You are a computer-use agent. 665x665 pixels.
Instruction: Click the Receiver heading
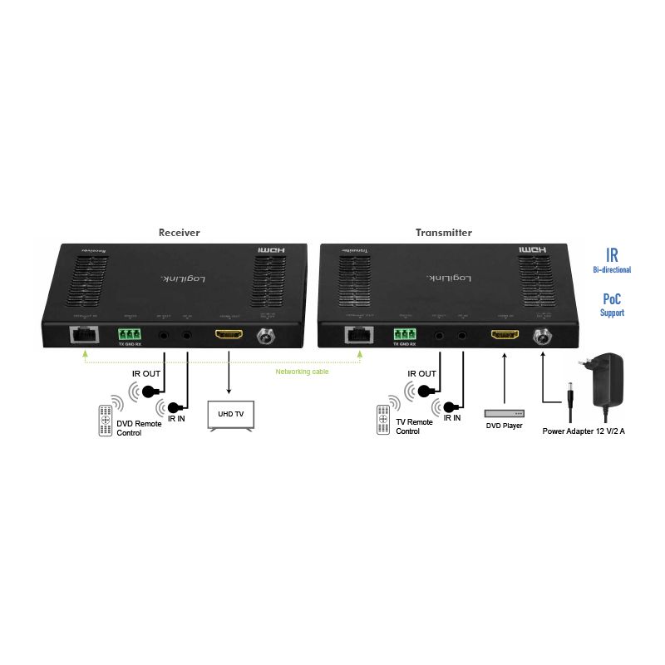point(180,233)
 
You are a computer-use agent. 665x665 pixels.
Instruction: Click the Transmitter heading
point(444,233)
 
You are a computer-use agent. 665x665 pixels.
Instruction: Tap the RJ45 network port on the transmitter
point(359,334)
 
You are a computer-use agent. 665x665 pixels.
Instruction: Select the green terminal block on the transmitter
point(406,334)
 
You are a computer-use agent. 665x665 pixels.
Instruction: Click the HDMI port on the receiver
point(229,335)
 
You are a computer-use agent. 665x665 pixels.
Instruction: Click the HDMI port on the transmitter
point(502,335)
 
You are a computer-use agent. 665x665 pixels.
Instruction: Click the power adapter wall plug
point(609,382)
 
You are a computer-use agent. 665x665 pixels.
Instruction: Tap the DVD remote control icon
point(106,420)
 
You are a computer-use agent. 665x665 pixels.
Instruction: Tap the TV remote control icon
point(383,420)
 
